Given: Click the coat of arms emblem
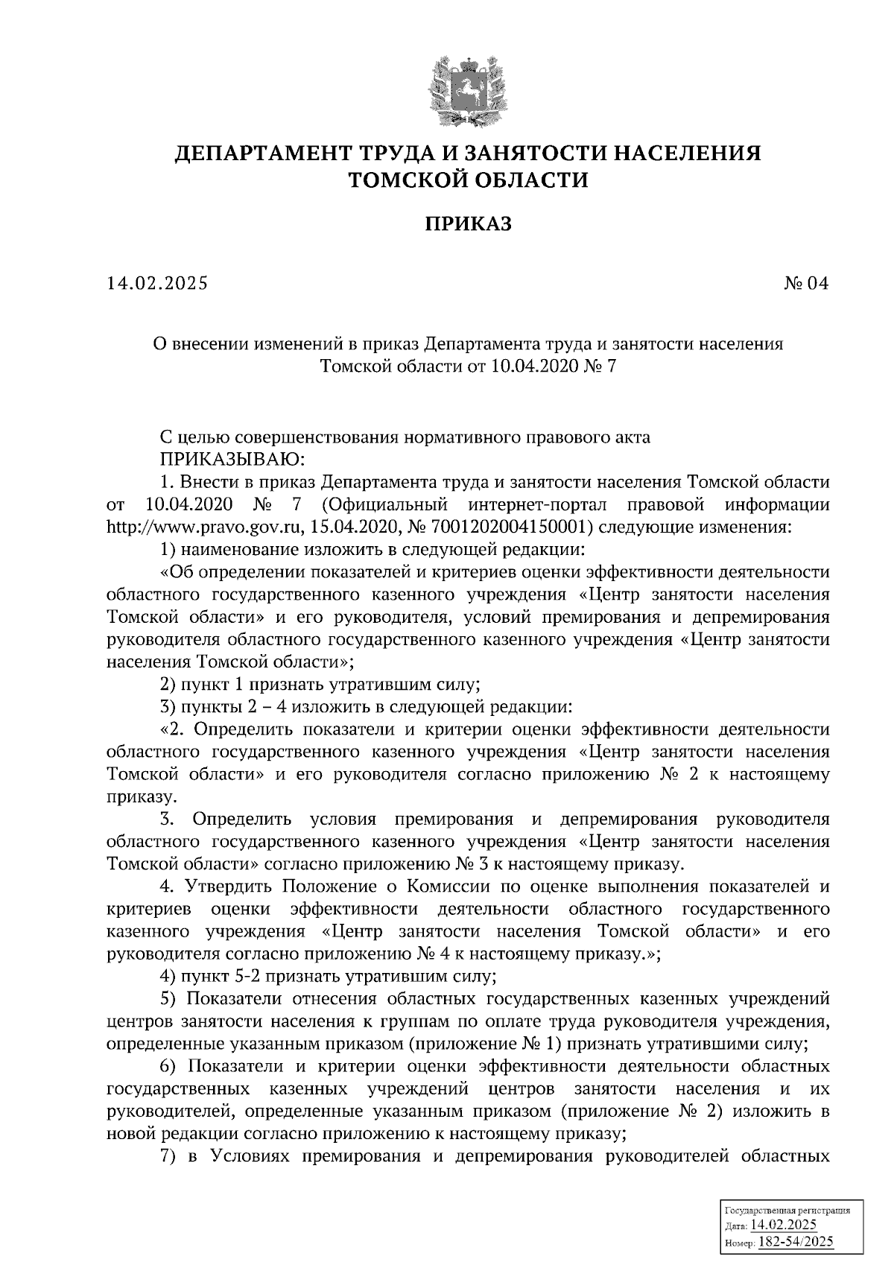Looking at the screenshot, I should tap(468, 91).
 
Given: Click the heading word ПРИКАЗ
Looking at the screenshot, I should tap(469, 223).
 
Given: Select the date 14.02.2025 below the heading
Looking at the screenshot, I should tap(157, 284).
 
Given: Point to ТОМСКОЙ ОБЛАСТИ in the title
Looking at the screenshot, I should tap(469, 180).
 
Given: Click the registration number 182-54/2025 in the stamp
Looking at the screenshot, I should tap(795, 1242).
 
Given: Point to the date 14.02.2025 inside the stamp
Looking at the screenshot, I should tap(784, 1225).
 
